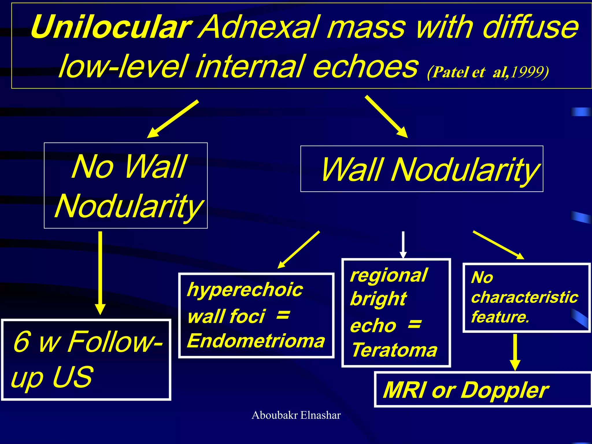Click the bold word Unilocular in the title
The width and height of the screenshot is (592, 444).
(x=111, y=27)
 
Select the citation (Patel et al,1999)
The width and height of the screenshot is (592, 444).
(x=488, y=72)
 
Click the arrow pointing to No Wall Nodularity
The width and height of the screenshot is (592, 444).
(x=173, y=119)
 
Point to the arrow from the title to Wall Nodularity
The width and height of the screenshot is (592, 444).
(x=386, y=116)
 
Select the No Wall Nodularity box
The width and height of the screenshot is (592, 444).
(x=126, y=186)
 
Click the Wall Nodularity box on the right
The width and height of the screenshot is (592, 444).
(x=422, y=169)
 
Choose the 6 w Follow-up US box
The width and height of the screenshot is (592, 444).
(x=86, y=360)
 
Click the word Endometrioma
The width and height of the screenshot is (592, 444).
(x=256, y=341)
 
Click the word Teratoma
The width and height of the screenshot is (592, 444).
(x=395, y=350)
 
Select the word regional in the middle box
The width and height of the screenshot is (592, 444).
(x=388, y=275)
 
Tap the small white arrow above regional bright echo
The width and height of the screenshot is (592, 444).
(x=403, y=245)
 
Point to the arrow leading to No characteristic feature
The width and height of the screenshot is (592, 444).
(x=498, y=245)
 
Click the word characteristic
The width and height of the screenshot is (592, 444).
(x=524, y=297)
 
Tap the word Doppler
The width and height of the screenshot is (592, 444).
(x=504, y=390)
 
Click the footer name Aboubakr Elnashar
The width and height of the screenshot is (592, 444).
(x=296, y=415)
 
